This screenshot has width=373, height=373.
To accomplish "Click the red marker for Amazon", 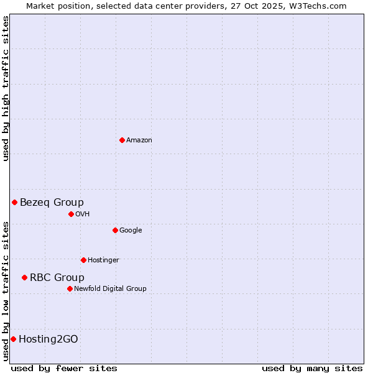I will pyautogui.click(x=122, y=140).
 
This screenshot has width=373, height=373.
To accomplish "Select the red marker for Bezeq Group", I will pyautogui.click(x=14, y=202).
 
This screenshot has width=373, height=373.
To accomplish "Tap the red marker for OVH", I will pyautogui.click(x=71, y=214).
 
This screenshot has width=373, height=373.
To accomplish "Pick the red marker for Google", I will pyautogui.click(x=115, y=230).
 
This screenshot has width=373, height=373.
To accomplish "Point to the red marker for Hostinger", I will pyautogui.click(x=83, y=260).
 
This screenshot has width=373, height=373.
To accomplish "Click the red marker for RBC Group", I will pyautogui.click(x=24, y=277).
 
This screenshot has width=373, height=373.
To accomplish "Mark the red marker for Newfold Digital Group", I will pyautogui.click(x=70, y=288).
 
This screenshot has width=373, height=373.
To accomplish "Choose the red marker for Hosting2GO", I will pyautogui.click(x=13, y=339).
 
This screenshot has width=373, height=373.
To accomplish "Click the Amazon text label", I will pyautogui.click(x=139, y=140).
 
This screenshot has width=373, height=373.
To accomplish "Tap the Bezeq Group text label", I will pyautogui.click(x=52, y=202).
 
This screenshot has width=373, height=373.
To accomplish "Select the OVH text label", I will pyautogui.click(x=83, y=214).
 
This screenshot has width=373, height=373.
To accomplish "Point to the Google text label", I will pyautogui.click(x=131, y=231).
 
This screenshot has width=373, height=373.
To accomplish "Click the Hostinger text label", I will pyautogui.click(x=103, y=260).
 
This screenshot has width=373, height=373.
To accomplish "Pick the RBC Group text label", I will pyautogui.click(x=57, y=278).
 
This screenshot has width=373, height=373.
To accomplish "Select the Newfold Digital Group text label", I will pyautogui.click(x=111, y=289).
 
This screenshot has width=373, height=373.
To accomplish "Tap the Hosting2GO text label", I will pyautogui.click(x=48, y=339).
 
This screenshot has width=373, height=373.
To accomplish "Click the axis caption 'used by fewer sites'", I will pyautogui.click(x=64, y=369).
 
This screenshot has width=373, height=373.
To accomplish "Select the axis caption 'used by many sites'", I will pyautogui.click(x=312, y=369).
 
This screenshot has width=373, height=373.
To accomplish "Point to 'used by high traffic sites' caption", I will pyautogui.click(x=6, y=88).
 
